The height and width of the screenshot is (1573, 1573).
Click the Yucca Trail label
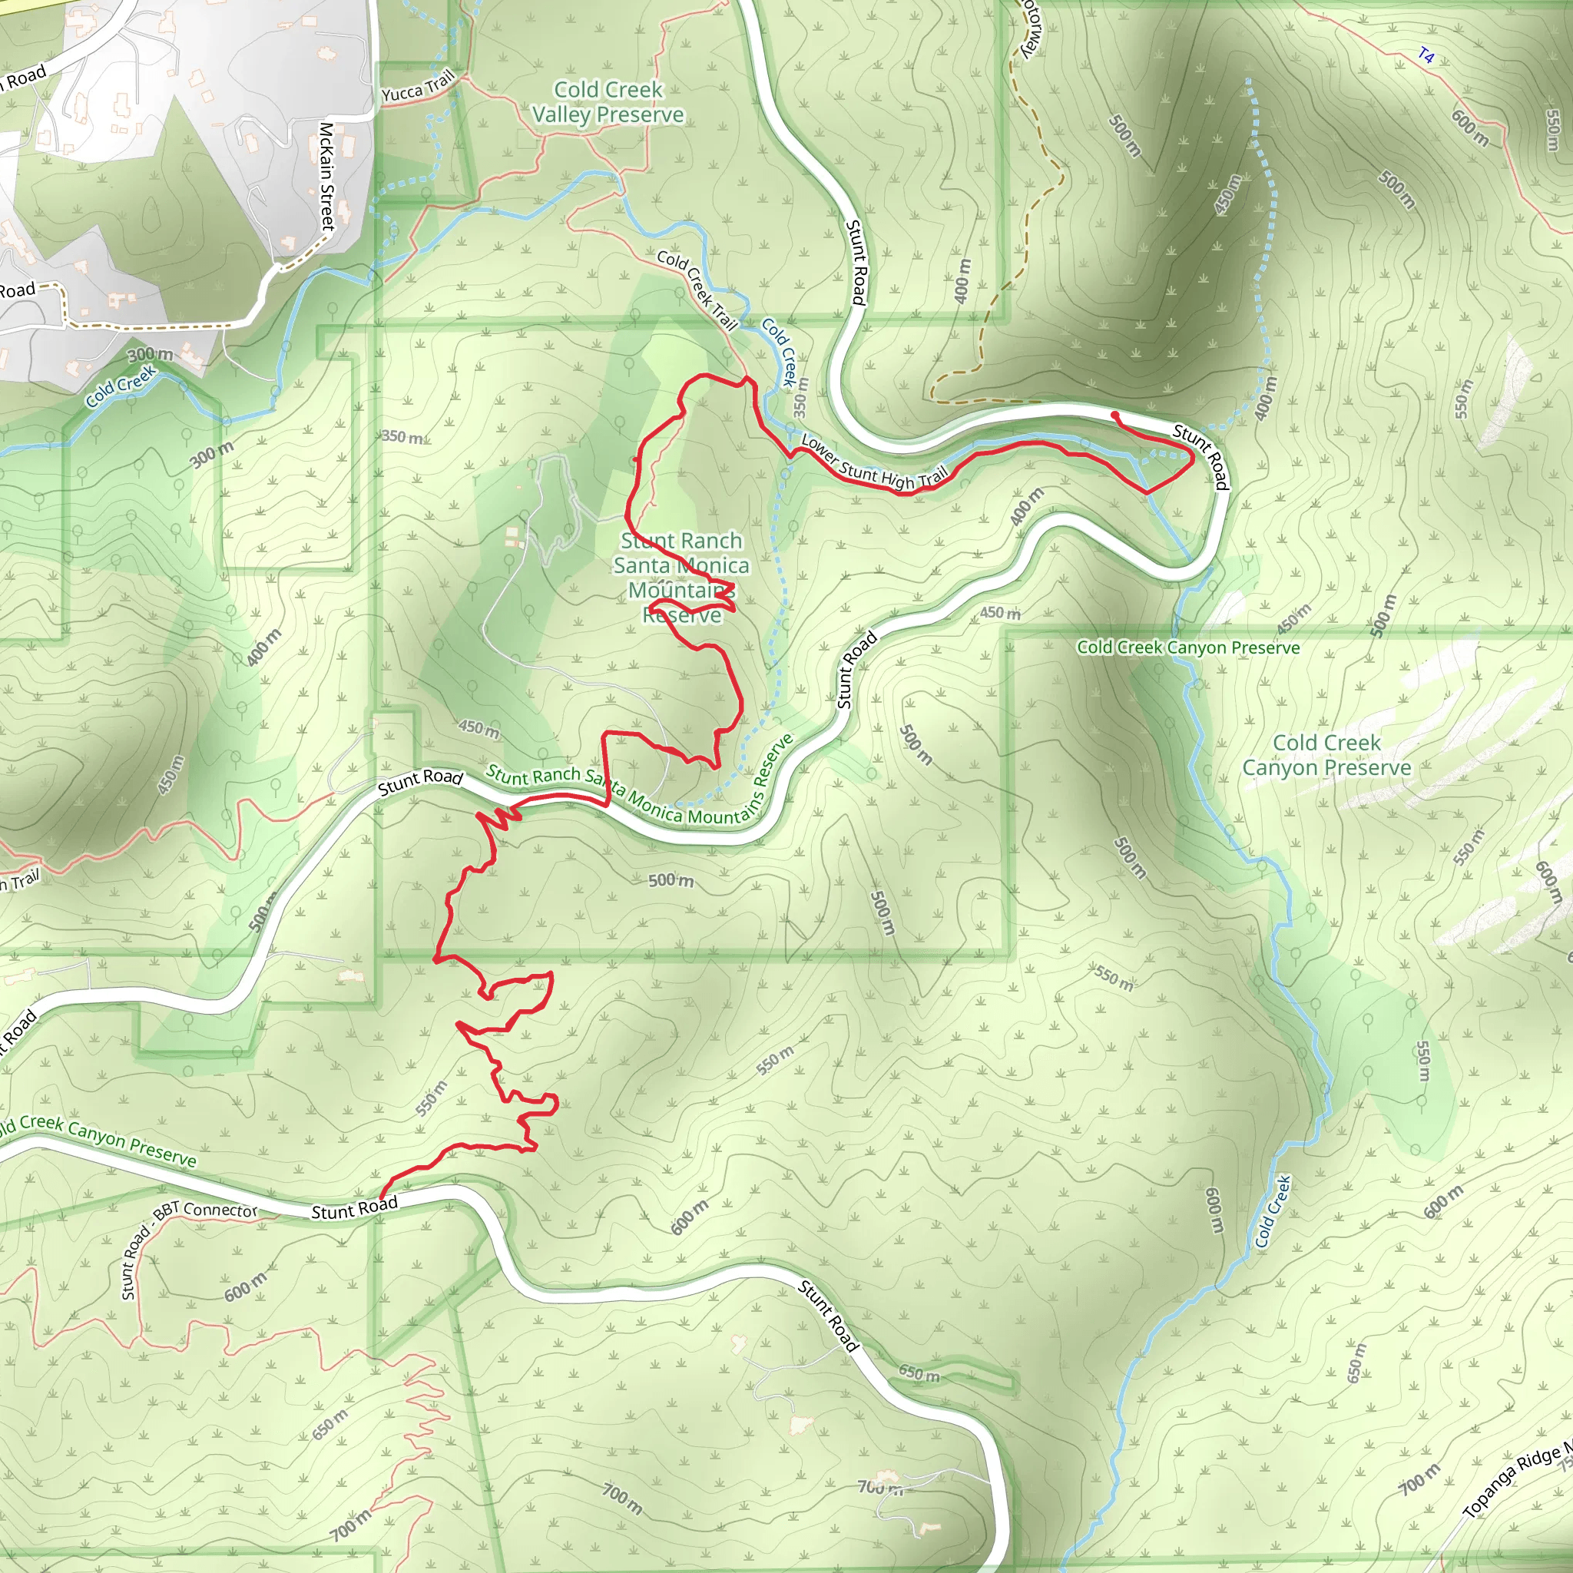[x=418, y=87]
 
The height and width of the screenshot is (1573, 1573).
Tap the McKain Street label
[x=326, y=176]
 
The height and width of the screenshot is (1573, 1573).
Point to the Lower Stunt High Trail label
[x=874, y=462]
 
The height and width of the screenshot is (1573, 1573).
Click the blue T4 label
[x=1425, y=55]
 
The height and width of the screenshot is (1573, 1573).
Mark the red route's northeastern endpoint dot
[x=1114, y=416]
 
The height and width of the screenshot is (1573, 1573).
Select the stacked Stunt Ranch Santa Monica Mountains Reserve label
[x=681, y=578]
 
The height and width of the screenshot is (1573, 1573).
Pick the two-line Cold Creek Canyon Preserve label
[x=1326, y=755]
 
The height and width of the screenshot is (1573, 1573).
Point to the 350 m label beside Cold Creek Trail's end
[x=801, y=396]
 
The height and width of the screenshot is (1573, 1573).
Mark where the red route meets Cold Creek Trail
[x=746, y=379]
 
